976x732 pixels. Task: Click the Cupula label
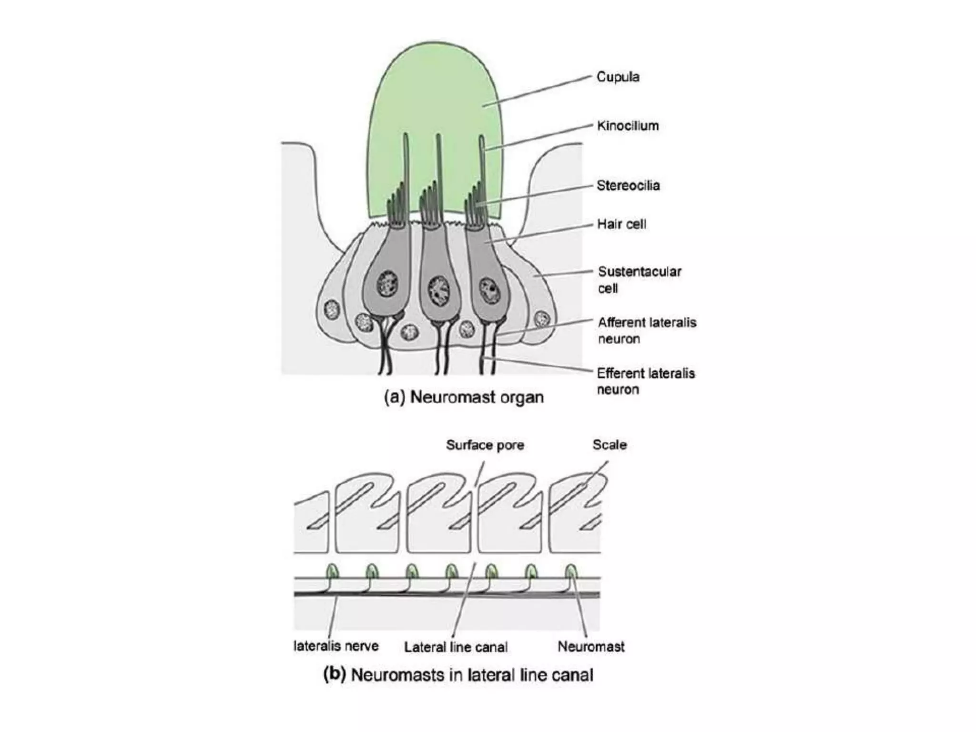click(618, 77)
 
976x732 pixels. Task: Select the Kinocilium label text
click(628, 126)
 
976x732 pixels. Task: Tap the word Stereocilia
click(628, 185)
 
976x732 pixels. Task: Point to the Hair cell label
click(621, 224)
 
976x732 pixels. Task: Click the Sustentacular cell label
click(639, 280)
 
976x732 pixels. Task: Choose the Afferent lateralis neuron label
click(647, 331)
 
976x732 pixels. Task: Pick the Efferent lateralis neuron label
click(646, 381)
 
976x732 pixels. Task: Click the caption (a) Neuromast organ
click(464, 397)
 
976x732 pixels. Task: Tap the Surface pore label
click(485, 445)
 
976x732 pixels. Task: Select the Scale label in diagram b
click(610, 445)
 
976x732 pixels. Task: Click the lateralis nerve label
click(336, 646)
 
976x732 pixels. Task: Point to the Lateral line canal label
click(456, 647)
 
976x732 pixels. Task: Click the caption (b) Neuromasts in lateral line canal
click(458, 675)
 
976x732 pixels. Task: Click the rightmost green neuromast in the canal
click(571, 570)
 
